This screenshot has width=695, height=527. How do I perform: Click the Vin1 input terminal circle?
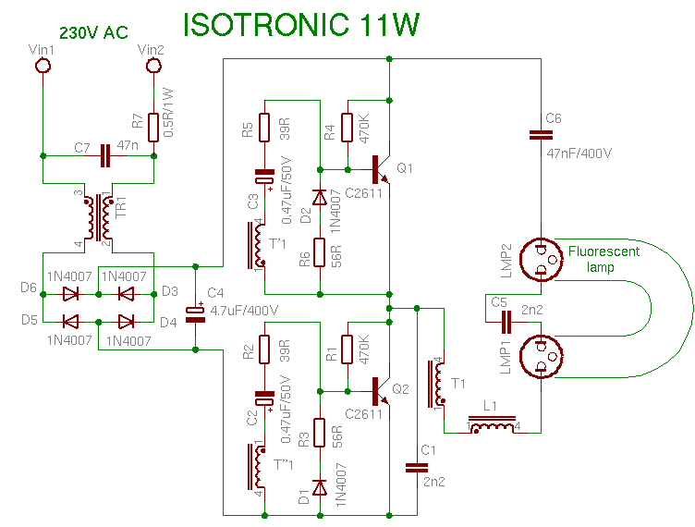click(42, 66)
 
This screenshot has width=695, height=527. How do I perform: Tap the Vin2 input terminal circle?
click(152, 66)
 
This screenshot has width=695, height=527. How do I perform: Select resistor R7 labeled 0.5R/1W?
click(152, 121)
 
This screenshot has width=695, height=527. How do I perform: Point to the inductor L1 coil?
click(493, 427)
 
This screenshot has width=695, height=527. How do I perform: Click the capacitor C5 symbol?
click(505, 321)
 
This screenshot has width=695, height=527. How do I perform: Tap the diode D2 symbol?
click(319, 198)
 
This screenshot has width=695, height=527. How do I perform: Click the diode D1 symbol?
click(319, 487)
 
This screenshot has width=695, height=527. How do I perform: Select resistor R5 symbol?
click(264, 127)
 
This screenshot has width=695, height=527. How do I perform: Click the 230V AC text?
click(93, 33)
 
